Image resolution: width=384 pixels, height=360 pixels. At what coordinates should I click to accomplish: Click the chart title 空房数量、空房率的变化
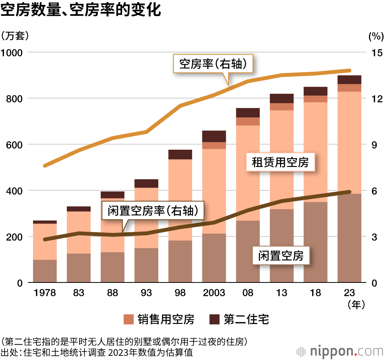81,10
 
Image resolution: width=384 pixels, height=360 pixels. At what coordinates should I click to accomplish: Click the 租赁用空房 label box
280,162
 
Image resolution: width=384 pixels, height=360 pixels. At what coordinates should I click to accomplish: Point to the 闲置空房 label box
281,256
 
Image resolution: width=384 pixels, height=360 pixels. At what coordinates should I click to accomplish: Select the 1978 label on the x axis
45,293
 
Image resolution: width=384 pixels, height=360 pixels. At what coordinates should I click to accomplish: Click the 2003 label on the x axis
214,293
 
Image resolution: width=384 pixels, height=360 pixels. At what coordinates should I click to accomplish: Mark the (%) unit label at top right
375,36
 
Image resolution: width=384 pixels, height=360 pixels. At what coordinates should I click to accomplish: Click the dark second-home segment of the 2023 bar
349,79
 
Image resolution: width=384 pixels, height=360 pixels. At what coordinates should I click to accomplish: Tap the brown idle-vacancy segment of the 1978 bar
45,271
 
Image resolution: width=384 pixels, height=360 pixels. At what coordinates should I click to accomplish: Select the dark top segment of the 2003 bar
214,136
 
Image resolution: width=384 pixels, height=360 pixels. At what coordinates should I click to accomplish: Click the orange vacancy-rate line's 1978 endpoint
45,166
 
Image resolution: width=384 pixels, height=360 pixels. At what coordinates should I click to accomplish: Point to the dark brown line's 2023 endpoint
349,192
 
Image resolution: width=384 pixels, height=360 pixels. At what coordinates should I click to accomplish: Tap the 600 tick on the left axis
16,145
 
